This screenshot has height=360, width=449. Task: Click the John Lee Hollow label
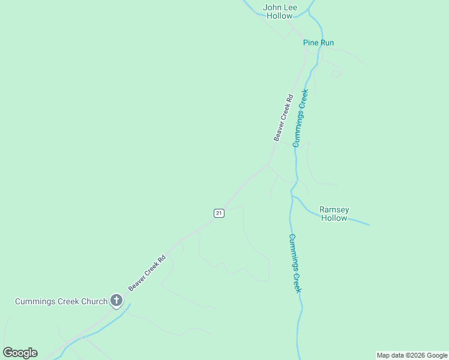[280, 11]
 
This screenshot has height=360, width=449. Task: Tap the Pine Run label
[318, 43]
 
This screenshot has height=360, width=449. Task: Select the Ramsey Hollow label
[334, 214]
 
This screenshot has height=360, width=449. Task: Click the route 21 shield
[219, 213]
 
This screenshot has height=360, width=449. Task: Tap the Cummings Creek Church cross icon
[116, 301]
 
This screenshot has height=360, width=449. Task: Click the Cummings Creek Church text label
[61, 301]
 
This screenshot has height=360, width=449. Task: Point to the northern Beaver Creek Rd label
[283, 118]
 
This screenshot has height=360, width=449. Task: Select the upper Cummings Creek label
[300, 118]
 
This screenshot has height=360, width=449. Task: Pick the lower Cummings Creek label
[294, 263]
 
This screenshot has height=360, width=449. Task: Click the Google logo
[20, 353]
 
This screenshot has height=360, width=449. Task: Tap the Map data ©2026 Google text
[412, 355]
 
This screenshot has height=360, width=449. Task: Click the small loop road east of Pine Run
[336, 73]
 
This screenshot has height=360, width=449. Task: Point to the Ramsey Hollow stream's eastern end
[368, 225]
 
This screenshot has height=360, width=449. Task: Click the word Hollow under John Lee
[280, 16]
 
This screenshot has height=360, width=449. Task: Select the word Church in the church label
[94, 301]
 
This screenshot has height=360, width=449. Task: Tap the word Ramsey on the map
[334, 209]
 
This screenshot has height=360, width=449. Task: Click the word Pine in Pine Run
[311, 43]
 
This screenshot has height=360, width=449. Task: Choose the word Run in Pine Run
[327, 43]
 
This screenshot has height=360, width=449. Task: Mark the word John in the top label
[271, 8]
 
